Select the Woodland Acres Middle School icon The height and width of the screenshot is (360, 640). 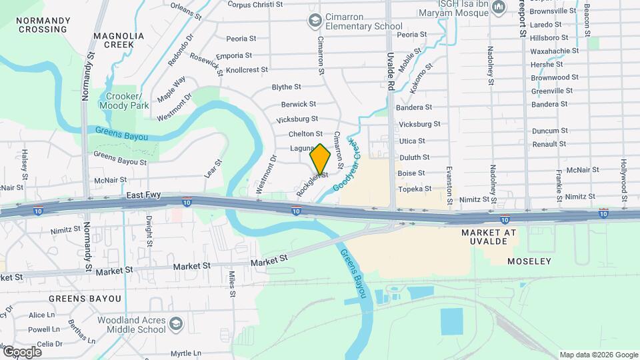pyautogui.click(x=175, y=325)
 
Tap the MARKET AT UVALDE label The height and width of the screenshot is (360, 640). pyautogui.click(x=489, y=237)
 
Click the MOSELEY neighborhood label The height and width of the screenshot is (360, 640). pyautogui.click(x=529, y=261)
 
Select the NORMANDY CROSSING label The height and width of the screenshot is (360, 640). pyautogui.click(x=43, y=25)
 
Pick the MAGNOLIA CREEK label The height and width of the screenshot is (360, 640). pyautogui.click(x=119, y=40)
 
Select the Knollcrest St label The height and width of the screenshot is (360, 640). pyautogui.click(x=247, y=69)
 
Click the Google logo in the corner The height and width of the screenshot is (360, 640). pyautogui.click(x=22, y=351)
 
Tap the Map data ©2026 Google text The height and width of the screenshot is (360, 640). pyautogui.click(x=598, y=355)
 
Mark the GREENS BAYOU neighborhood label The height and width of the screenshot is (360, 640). pyautogui.click(x=85, y=299)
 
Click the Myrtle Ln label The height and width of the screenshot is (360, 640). pyautogui.click(x=187, y=353)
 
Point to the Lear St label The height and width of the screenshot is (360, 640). pyautogui.click(x=212, y=168)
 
